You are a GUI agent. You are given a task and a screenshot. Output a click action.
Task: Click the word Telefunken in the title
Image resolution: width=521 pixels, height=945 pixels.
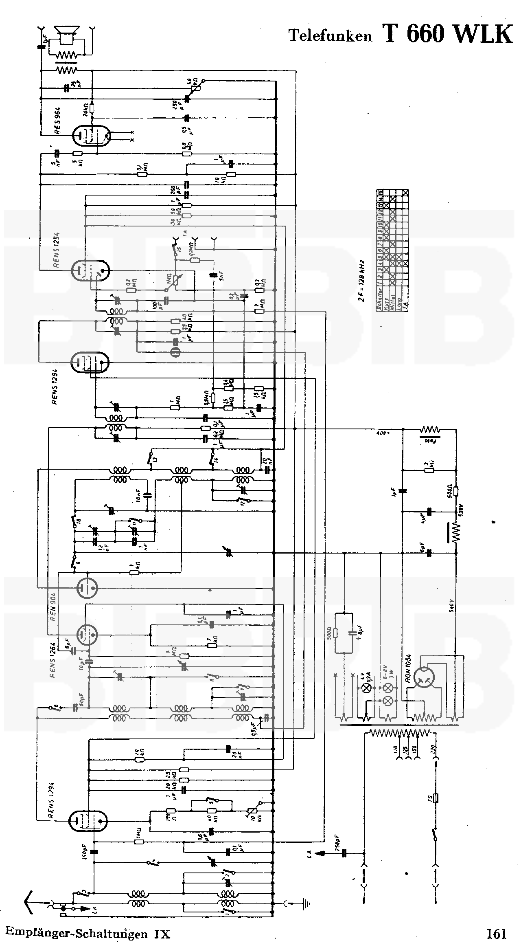pos(330,36)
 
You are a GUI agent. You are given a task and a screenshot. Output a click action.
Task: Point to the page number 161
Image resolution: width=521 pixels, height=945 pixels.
pos(495,933)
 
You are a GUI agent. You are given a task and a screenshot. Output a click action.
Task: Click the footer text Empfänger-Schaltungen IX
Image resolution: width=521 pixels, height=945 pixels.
pos(88,934)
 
